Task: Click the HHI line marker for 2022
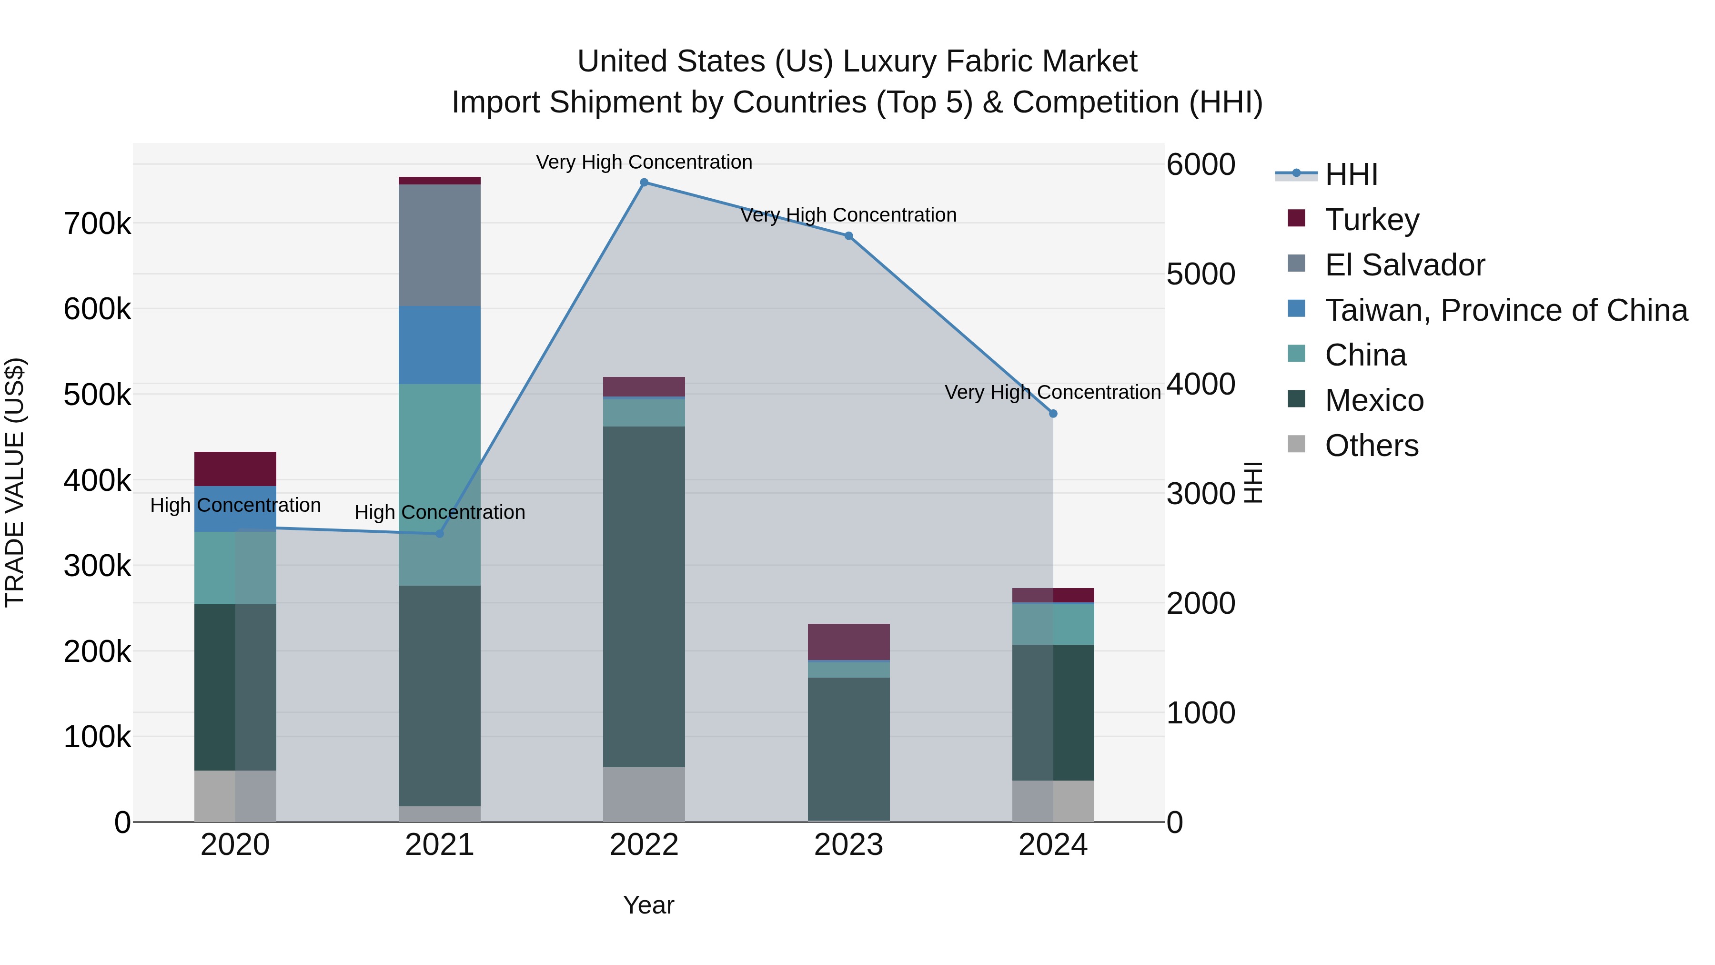click(x=644, y=183)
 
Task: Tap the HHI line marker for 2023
click(x=848, y=236)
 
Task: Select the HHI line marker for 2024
click(x=1052, y=414)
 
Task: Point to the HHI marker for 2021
click(x=439, y=533)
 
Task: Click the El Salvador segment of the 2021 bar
click(x=439, y=245)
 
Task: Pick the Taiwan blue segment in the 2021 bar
click(x=439, y=345)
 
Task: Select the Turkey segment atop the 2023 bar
click(x=848, y=641)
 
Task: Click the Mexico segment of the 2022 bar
click(x=644, y=596)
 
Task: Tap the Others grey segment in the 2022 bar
click(x=644, y=794)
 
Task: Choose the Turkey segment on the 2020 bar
click(x=235, y=469)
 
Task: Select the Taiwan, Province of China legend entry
click(x=1505, y=310)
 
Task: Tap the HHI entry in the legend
click(x=1351, y=174)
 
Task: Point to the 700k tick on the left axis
click(x=97, y=224)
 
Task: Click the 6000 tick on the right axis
click(x=1200, y=164)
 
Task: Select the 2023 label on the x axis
click(x=848, y=845)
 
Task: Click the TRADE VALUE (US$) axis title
click(x=15, y=482)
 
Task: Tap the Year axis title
click(x=648, y=905)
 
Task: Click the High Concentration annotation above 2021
click(x=439, y=512)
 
